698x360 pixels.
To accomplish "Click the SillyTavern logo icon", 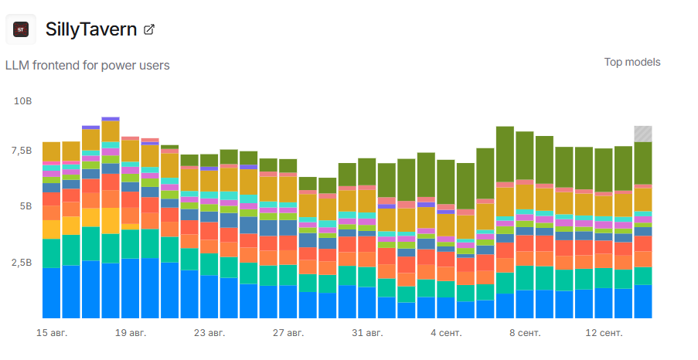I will point(21,29).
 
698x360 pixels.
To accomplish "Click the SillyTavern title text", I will point(91,30).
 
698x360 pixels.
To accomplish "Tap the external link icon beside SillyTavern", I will point(150,30).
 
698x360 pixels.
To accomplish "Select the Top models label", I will point(632,62).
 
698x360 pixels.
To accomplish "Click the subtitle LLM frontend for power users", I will point(87,66).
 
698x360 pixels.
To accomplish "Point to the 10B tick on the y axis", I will point(23,101).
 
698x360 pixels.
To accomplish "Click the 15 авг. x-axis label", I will point(51,333).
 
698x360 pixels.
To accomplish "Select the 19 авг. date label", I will point(131,333).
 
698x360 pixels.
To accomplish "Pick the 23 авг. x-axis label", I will point(209,333).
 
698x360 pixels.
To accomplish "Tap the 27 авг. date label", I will point(288,333).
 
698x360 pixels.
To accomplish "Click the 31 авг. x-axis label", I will point(367,333).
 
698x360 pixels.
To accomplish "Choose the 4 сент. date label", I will point(446,333).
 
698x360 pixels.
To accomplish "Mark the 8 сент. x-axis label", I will point(525,333).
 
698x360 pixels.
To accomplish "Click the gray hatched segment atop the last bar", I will point(643,134).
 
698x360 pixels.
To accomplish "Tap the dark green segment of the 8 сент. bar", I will point(525,155).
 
